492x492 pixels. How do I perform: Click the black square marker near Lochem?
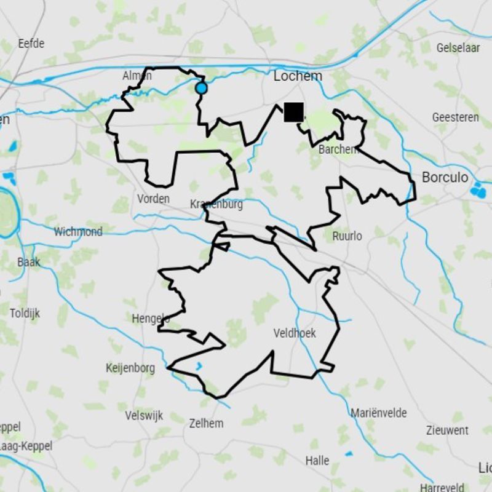pyautogui.click(x=294, y=112)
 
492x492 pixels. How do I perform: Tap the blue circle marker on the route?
pyautogui.click(x=201, y=89)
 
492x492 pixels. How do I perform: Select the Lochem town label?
pyautogui.click(x=298, y=76)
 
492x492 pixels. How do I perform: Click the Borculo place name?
pyautogui.click(x=445, y=178)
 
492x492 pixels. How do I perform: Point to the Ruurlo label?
pyautogui.click(x=347, y=236)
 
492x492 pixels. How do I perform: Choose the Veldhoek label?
pyautogui.click(x=295, y=333)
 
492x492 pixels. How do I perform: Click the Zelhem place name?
pyautogui.click(x=207, y=423)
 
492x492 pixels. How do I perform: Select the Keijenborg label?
pyautogui.click(x=130, y=368)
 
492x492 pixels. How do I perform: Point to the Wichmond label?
pyautogui.click(x=78, y=232)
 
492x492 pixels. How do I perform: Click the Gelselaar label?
pyautogui.click(x=458, y=47)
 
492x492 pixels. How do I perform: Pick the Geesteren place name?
pyautogui.click(x=455, y=117)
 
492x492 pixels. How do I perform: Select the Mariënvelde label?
pyautogui.click(x=378, y=413)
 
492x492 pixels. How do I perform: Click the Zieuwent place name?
pyautogui.click(x=447, y=430)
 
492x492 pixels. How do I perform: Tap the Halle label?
pyautogui.click(x=317, y=460)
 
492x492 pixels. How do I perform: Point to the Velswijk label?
pyautogui.click(x=144, y=416)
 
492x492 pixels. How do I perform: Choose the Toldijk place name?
pyautogui.click(x=25, y=313)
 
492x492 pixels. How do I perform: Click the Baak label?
pyautogui.click(x=28, y=263)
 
